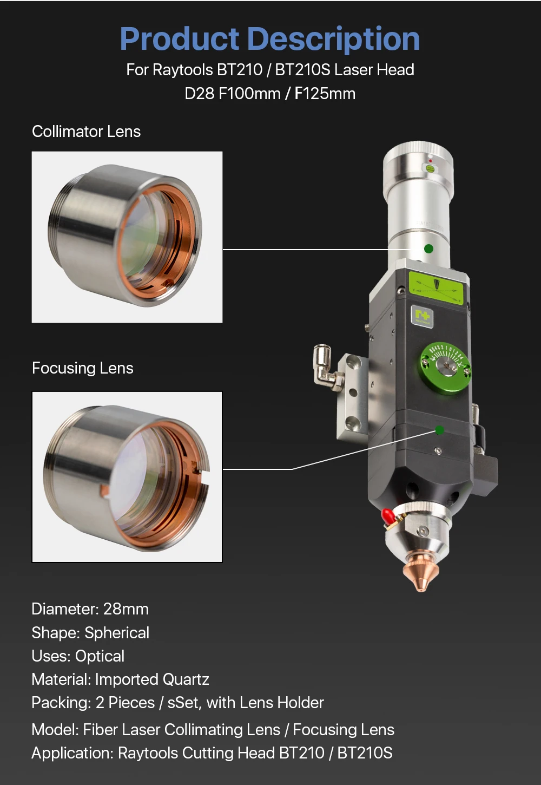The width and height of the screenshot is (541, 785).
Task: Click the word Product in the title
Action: [180, 39]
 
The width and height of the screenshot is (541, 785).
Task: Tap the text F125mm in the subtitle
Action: [325, 94]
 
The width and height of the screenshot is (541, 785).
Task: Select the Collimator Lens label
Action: [86, 132]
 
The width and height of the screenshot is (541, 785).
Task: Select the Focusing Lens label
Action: [83, 368]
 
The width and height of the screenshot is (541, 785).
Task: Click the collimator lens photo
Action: [127, 237]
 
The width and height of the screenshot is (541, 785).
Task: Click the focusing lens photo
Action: [127, 477]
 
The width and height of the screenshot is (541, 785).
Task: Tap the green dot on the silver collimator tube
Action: [428, 249]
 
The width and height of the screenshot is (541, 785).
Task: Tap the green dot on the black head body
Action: [439, 430]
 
